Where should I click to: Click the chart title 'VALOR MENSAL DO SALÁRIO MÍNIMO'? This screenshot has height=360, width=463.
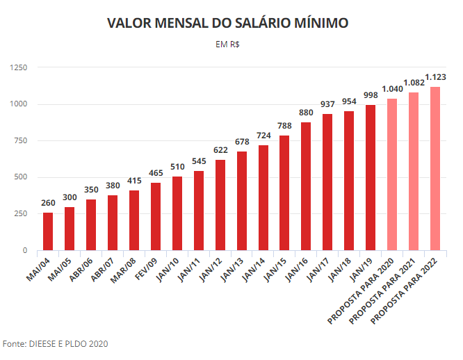[228, 24]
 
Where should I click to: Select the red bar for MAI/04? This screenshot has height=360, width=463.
[48, 231]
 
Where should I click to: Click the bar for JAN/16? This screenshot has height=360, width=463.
[306, 186]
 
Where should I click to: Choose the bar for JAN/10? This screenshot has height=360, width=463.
[177, 213]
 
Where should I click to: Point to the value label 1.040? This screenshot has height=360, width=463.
[392, 89]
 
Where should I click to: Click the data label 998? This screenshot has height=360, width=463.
[371, 95]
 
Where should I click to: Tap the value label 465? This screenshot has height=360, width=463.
[156, 173]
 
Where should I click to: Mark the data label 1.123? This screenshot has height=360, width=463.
[435, 77]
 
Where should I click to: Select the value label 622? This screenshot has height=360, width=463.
[220, 150]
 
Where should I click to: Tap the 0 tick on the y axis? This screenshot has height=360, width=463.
[24, 250]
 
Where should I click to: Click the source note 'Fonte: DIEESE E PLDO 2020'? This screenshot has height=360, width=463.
[56, 344]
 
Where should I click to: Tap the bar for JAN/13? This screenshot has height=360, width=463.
[242, 201]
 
